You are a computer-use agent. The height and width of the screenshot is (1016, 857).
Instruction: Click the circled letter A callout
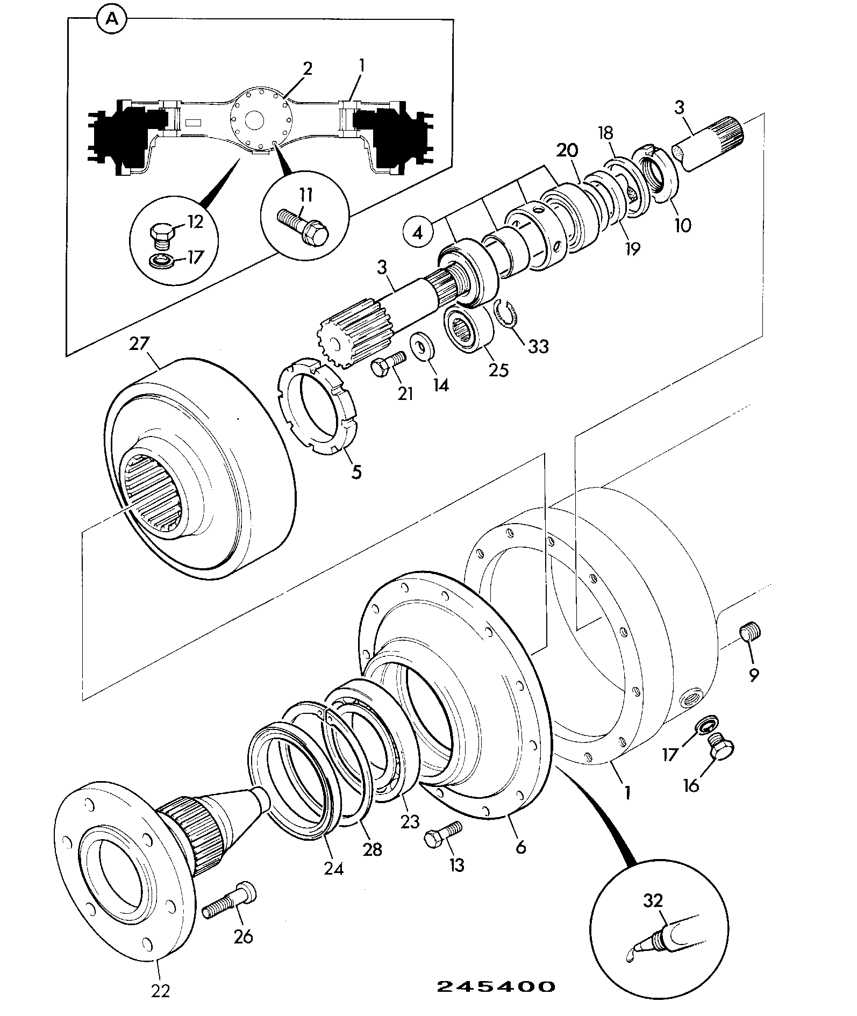(x=112, y=19)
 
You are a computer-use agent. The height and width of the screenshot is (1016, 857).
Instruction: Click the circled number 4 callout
(x=418, y=232)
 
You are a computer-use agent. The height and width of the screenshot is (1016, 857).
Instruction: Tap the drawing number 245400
(x=495, y=986)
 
